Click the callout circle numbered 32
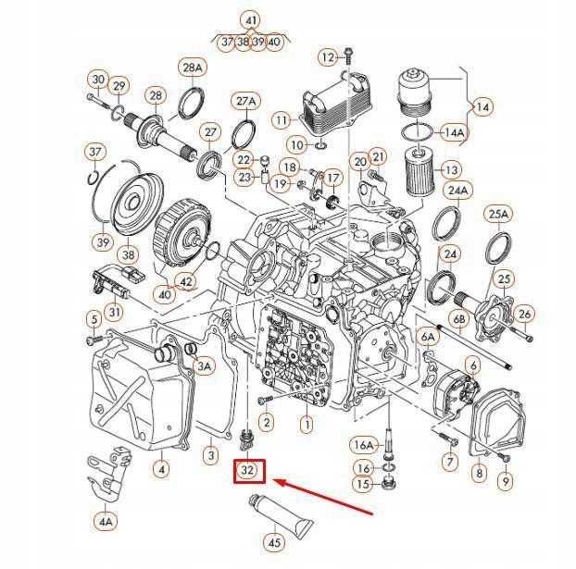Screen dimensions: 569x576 tap(248, 472)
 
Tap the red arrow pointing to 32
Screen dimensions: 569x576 tap(325, 497)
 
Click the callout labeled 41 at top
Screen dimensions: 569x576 tap(251, 19)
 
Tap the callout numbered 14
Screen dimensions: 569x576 tap(482, 106)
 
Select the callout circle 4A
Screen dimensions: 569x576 tap(106, 522)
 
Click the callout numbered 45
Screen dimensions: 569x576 tap(274, 543)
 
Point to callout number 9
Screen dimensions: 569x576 tap(505, 480)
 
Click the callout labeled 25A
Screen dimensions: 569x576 tap(498, 215)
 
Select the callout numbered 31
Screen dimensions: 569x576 tap(114, 312)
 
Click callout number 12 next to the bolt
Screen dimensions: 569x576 tap(328, 57)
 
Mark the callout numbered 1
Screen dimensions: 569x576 tap(307, 425)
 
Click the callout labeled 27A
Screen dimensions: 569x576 tap(245, 101)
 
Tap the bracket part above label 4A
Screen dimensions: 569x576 tap(107, 473)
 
